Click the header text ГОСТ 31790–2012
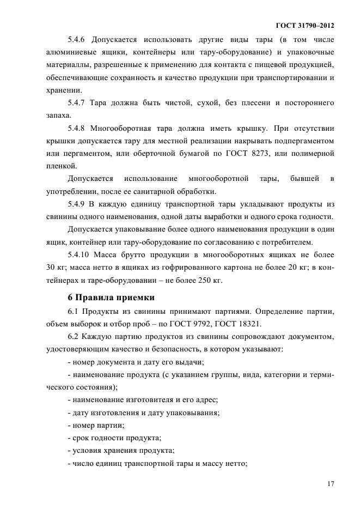point(306,26)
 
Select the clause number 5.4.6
point(78,40)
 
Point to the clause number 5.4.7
point(78,103)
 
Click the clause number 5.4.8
point(78,129)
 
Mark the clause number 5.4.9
point(78,204)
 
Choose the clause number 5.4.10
point(80,254)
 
